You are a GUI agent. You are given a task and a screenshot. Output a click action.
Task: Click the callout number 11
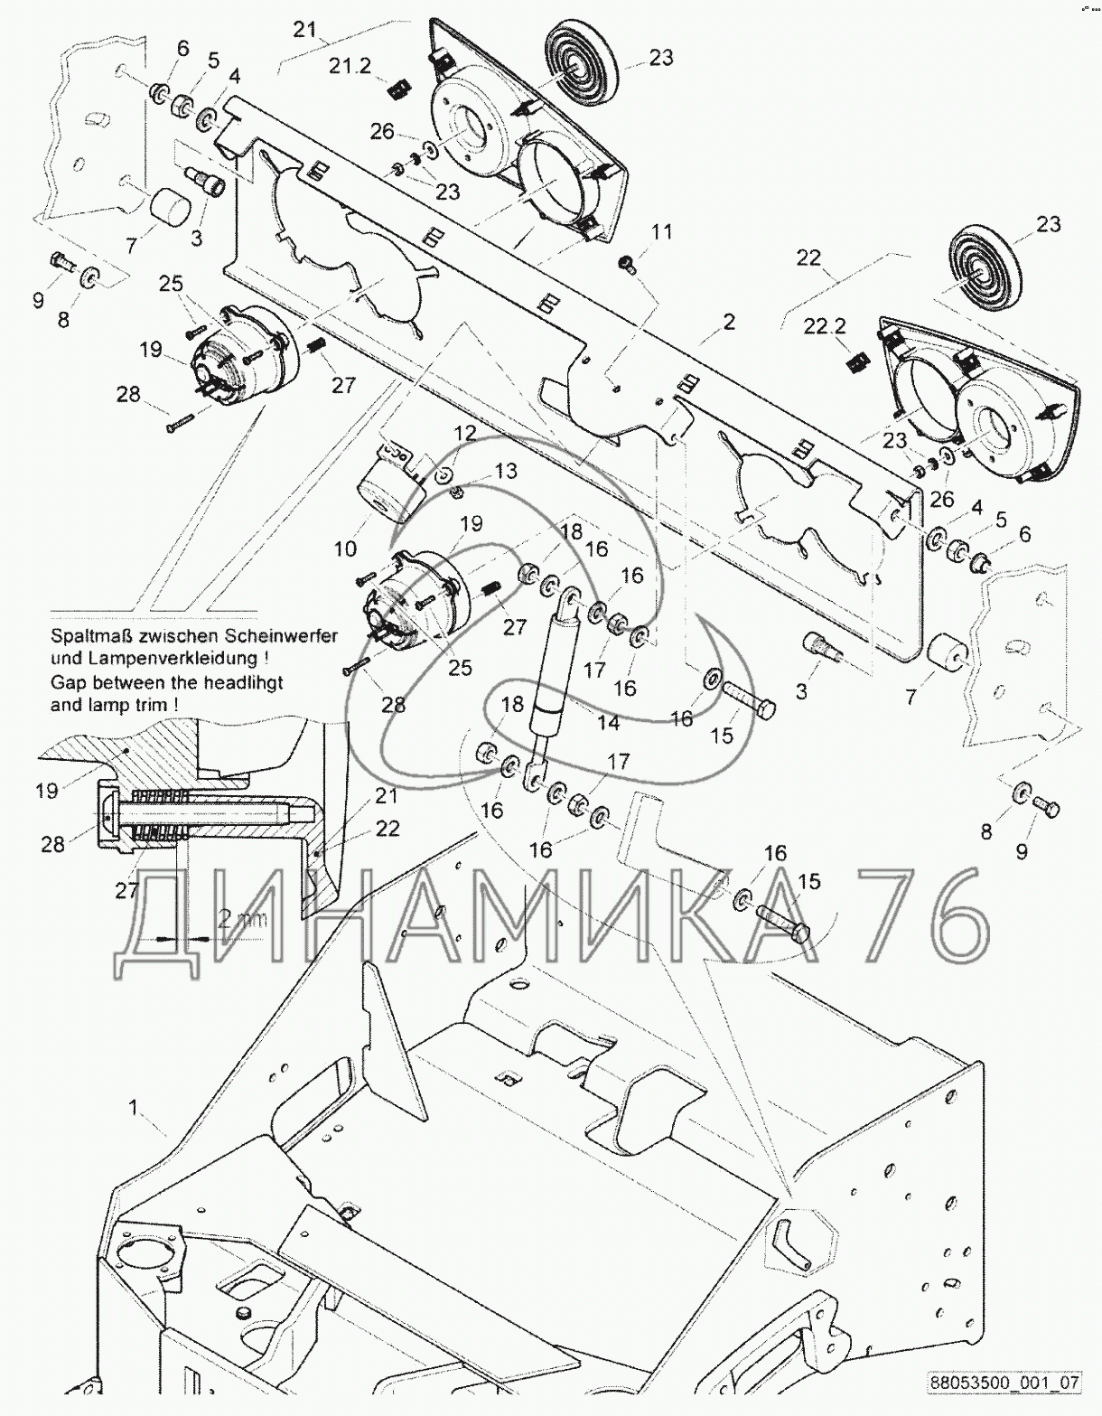(662, 232)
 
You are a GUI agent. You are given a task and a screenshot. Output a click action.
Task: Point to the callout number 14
(609, 723)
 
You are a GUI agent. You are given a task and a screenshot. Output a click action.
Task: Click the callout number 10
(346, 548)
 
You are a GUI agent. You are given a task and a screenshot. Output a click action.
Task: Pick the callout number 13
(506, 471)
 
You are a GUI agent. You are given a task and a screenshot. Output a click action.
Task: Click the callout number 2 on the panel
(729, 322)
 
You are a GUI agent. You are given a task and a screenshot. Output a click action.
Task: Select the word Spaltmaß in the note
(87, 635)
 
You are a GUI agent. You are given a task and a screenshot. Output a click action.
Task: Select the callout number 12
(464, 433)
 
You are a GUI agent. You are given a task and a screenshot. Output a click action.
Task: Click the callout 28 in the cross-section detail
(53, 844)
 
